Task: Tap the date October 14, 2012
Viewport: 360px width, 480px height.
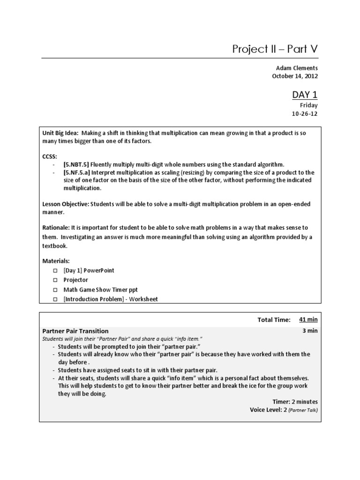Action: (x=295, y=76)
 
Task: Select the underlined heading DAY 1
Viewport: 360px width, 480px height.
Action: (x=305, y=94)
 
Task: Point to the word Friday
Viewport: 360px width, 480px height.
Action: (x=308, y=105)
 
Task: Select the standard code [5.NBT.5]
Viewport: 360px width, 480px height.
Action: (x=76, y=164)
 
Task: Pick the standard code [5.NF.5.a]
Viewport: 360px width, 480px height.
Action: (x=77, y=172)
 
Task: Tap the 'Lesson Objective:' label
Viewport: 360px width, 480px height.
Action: (x=66, y=204)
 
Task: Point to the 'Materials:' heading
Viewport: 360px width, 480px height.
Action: (x=56, y=261)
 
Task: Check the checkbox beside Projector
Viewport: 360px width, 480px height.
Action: (x=54, y=280)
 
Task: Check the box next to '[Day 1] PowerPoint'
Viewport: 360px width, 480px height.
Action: (x=54, y=271)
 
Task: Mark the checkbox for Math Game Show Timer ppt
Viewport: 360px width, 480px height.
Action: (x=54, y=290)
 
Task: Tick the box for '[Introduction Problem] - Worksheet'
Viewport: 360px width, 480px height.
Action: (x=54, y=299)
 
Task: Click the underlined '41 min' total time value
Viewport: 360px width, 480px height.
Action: (x=308, y=320)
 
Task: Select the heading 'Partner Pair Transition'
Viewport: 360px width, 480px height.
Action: (x=75, y=331)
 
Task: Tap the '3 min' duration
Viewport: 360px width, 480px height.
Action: (x=310, y=330)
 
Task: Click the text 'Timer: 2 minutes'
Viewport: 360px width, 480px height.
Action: (x=295, y=402)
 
